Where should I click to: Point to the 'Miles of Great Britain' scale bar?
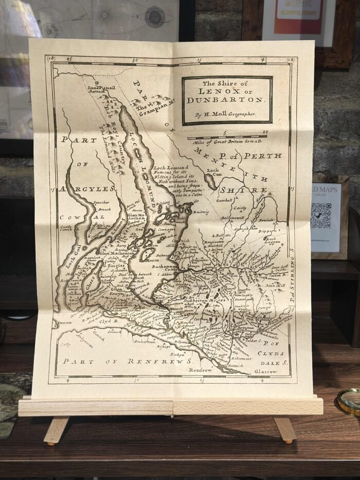226,138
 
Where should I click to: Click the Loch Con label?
213,173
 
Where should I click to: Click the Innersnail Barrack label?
102,90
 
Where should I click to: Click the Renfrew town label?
200,370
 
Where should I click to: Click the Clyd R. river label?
110,320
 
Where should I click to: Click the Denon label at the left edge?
65,323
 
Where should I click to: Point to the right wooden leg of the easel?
286,429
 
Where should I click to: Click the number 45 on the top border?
69,61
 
